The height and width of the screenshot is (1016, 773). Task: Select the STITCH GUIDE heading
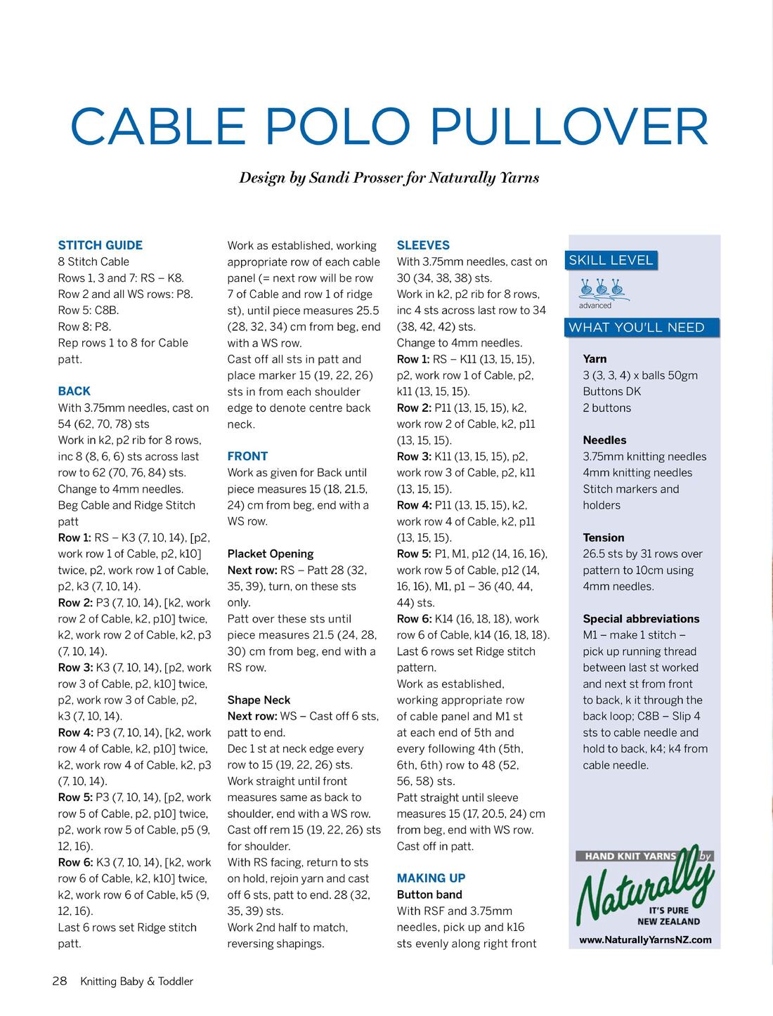100,245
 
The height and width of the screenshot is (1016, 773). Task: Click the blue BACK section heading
74,391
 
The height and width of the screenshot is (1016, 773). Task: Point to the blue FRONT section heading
247,456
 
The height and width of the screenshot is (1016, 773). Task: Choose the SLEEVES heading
423,245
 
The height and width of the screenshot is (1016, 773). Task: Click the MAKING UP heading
431,878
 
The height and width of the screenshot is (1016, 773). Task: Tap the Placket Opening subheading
270,554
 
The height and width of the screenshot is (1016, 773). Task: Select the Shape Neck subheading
259,700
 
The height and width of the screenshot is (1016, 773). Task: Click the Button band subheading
429,894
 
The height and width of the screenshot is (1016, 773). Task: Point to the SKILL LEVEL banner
611,260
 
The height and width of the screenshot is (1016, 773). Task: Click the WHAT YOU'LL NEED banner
636,327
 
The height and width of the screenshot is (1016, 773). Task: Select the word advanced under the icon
595,306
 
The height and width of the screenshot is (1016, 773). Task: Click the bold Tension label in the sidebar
603,538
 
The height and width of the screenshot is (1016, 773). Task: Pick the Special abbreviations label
641,619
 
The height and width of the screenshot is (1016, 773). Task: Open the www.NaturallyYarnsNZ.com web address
645,939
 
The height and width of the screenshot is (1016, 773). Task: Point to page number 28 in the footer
59,981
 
